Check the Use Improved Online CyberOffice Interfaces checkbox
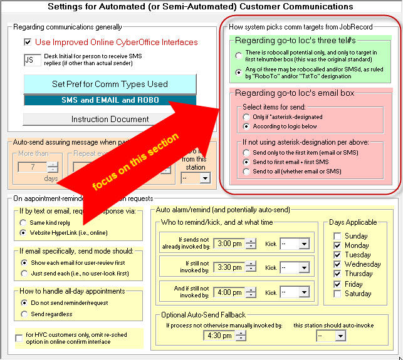pos(28,43)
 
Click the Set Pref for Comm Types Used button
pos(110,84)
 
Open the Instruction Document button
pos(110,119)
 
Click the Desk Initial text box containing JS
pos(33,60)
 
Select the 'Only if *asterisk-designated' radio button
pos(247,117)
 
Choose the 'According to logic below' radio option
pos(247,126)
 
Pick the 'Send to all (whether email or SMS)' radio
pos(247,171)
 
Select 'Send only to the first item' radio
pos(247,152)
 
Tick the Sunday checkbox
pos(337,236)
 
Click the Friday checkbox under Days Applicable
pos(337,284)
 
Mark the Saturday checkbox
pos(337,293)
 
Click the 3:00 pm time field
pos(229,244)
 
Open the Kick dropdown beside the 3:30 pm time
pos(295,267)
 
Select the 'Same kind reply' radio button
pos(23,223)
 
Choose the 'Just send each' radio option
pos(23,273)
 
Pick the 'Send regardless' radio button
pos(23,314)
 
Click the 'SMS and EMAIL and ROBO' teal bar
pos(110,100)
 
